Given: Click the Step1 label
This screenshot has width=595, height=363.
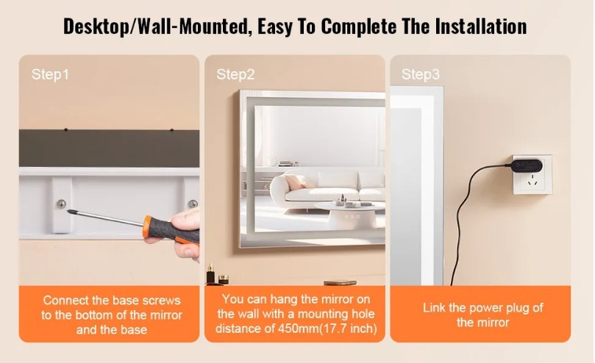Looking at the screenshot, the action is (50, 74).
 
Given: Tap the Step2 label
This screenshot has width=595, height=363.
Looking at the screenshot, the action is (235, 74).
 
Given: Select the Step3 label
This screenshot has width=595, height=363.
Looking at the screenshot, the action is (421, 74).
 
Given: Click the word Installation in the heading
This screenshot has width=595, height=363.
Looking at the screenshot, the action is (481, 26).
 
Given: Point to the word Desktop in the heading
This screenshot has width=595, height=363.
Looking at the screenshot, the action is (96, 27).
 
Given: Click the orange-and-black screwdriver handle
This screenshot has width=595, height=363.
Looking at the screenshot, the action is (171, 230).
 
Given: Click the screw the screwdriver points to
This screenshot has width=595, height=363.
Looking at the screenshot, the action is (62, 204).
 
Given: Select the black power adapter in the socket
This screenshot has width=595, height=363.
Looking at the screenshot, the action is (526, 165).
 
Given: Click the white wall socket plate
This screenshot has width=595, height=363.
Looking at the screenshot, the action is (532, 174).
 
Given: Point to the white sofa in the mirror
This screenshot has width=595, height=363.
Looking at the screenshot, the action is (327, 186).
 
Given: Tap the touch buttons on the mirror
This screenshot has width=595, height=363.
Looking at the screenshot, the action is (352, 217).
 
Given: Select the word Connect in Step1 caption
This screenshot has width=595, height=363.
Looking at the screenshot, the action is (65, 301).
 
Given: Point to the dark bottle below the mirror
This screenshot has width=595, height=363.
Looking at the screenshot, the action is (210, 274).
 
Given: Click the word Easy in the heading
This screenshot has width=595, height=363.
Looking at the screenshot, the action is (277, 26).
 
